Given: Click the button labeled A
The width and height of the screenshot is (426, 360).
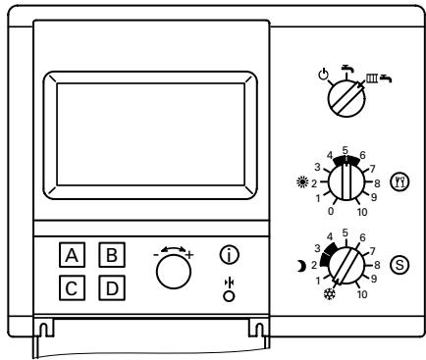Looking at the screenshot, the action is click(72, 257).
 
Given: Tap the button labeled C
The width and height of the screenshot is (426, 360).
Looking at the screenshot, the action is click(72, 290).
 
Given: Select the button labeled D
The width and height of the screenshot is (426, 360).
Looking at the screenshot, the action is click(112, 290).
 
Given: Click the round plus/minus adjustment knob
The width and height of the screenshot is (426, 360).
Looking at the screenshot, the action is click(173, 276).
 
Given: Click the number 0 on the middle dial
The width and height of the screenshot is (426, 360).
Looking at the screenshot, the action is click(306, 210).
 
